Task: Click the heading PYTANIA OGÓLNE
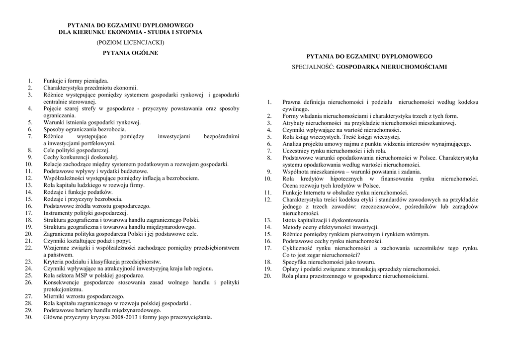click(130, 53)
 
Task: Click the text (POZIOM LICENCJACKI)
click(130, 43)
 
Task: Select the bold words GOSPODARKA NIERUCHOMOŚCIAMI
click(391, 67)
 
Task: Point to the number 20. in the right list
click(268, 276)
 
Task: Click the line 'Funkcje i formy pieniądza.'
click(76, 81)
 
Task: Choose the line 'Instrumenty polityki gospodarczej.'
click(85, 213)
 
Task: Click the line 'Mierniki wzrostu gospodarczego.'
click(84, 296)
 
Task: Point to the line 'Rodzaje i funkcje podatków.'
click(78, 192)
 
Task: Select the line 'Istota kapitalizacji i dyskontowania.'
click(326, 220)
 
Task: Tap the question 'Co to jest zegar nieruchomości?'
click(325, 255)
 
